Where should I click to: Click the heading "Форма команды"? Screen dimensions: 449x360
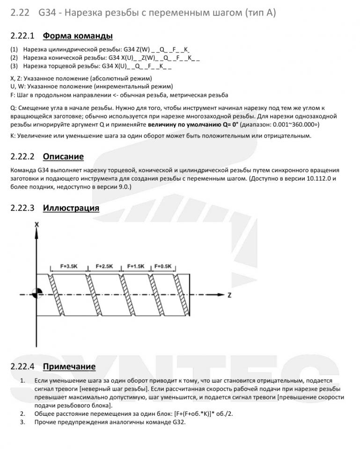tap(77, 36)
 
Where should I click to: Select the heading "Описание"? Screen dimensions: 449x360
tap(63, 156)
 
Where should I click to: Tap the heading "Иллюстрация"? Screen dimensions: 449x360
tap(71, 208)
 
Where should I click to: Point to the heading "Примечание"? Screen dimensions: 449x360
tap(69, 366)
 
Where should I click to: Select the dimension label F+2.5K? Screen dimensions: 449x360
tap(104, 266)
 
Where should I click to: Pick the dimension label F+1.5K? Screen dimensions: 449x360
tap(136, 266)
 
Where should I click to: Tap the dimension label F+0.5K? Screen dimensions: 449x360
tap(163, 266)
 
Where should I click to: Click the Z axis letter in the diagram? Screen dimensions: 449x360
tap(230, 295)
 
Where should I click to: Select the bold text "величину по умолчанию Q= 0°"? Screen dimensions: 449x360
tap(193, 125)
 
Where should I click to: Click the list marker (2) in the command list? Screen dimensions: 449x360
tap(14, 58)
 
